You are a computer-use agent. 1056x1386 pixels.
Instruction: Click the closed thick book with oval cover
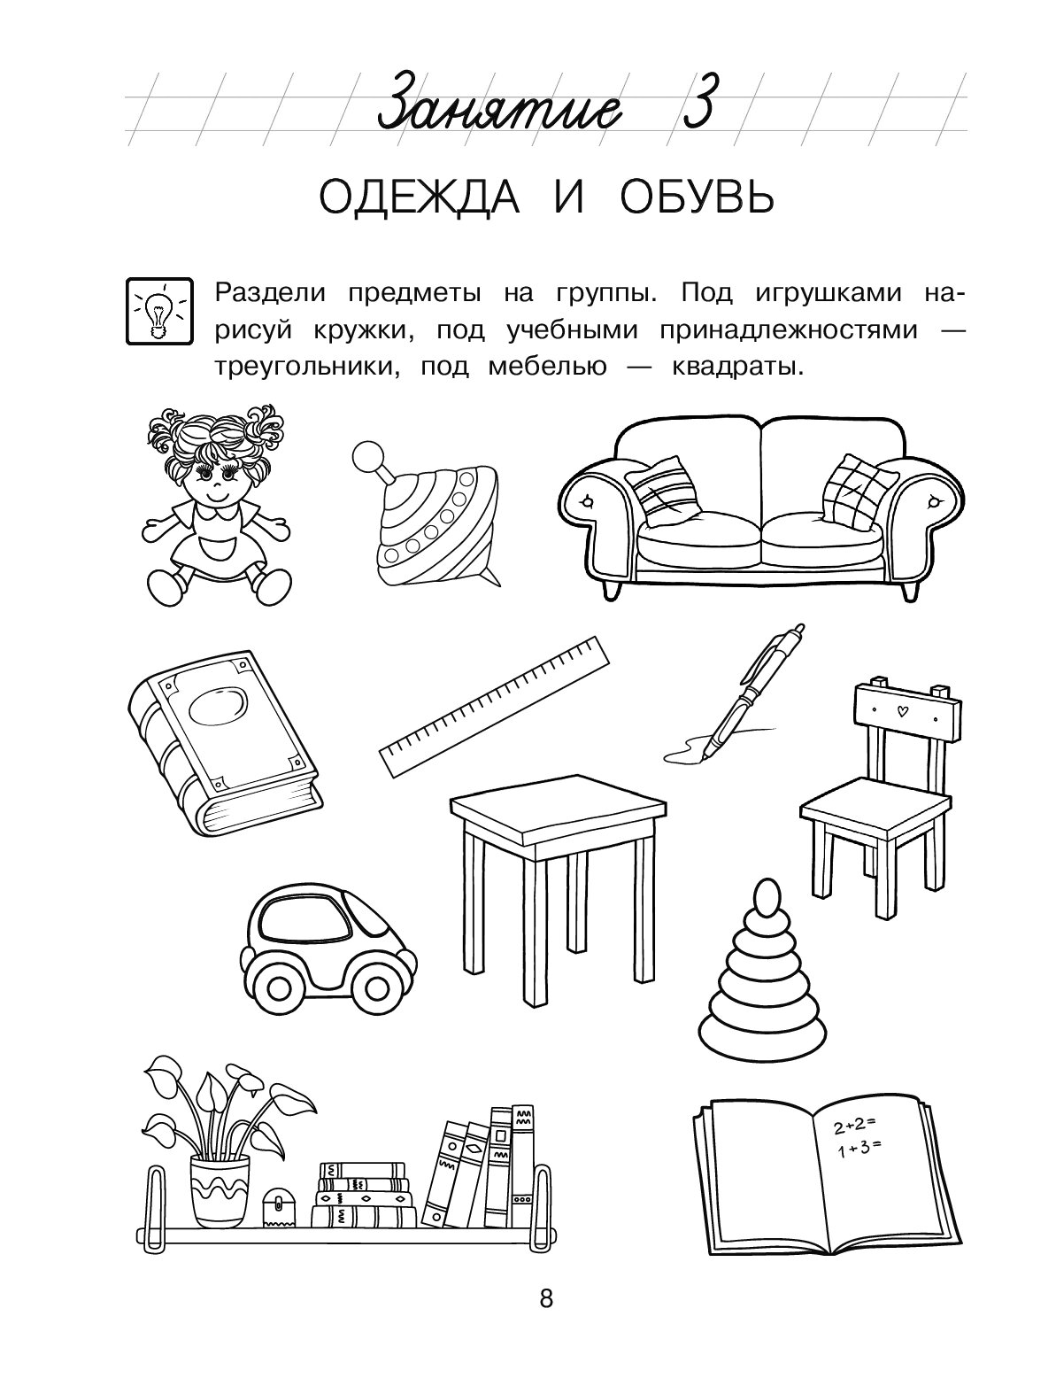pyautogui.click(x=224, y=744)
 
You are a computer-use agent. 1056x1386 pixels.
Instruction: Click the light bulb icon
pyautogui.click(x=159, y=312)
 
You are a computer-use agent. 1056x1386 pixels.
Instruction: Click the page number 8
pyautogui.click(x=546, y=1299)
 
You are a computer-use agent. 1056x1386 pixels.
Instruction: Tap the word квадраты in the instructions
pyautogui.click(x=737, y=367)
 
